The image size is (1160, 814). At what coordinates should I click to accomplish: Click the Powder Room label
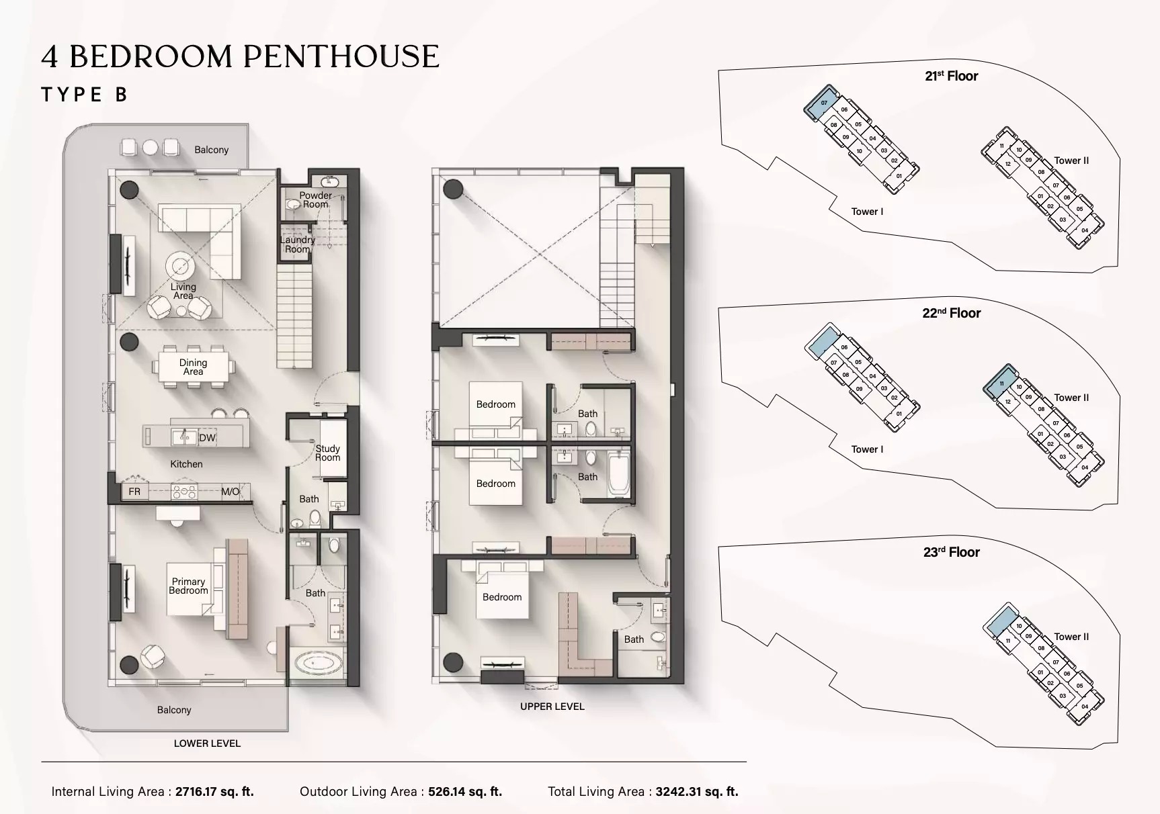click(315, 200)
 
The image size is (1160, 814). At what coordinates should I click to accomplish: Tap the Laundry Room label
click(297, 244)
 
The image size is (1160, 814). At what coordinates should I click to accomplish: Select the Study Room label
click(328, 453)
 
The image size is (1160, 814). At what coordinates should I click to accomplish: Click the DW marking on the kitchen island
click(207, 438)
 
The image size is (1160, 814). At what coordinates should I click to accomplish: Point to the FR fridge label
click(134, 492)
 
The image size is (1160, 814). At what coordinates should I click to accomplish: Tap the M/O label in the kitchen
click(230, 492)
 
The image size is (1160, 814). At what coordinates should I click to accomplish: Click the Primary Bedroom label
click(188, 586)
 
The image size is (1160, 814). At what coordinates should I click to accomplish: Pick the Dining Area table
click(194, 367)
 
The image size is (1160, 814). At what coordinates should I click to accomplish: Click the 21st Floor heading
click(951, 77)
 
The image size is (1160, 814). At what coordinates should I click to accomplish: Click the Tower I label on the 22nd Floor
click(867, 449)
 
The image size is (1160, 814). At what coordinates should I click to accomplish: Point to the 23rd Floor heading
click(951, 552)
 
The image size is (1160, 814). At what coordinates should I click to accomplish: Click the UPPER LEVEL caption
click(552, 707)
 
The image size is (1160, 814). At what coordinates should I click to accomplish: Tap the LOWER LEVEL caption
click(207, 743)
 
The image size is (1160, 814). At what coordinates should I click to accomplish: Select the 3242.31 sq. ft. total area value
click(697, 792)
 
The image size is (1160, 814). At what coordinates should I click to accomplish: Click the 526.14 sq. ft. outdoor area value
click(464, 792)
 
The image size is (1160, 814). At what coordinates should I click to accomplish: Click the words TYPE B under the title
click(84, 95)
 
